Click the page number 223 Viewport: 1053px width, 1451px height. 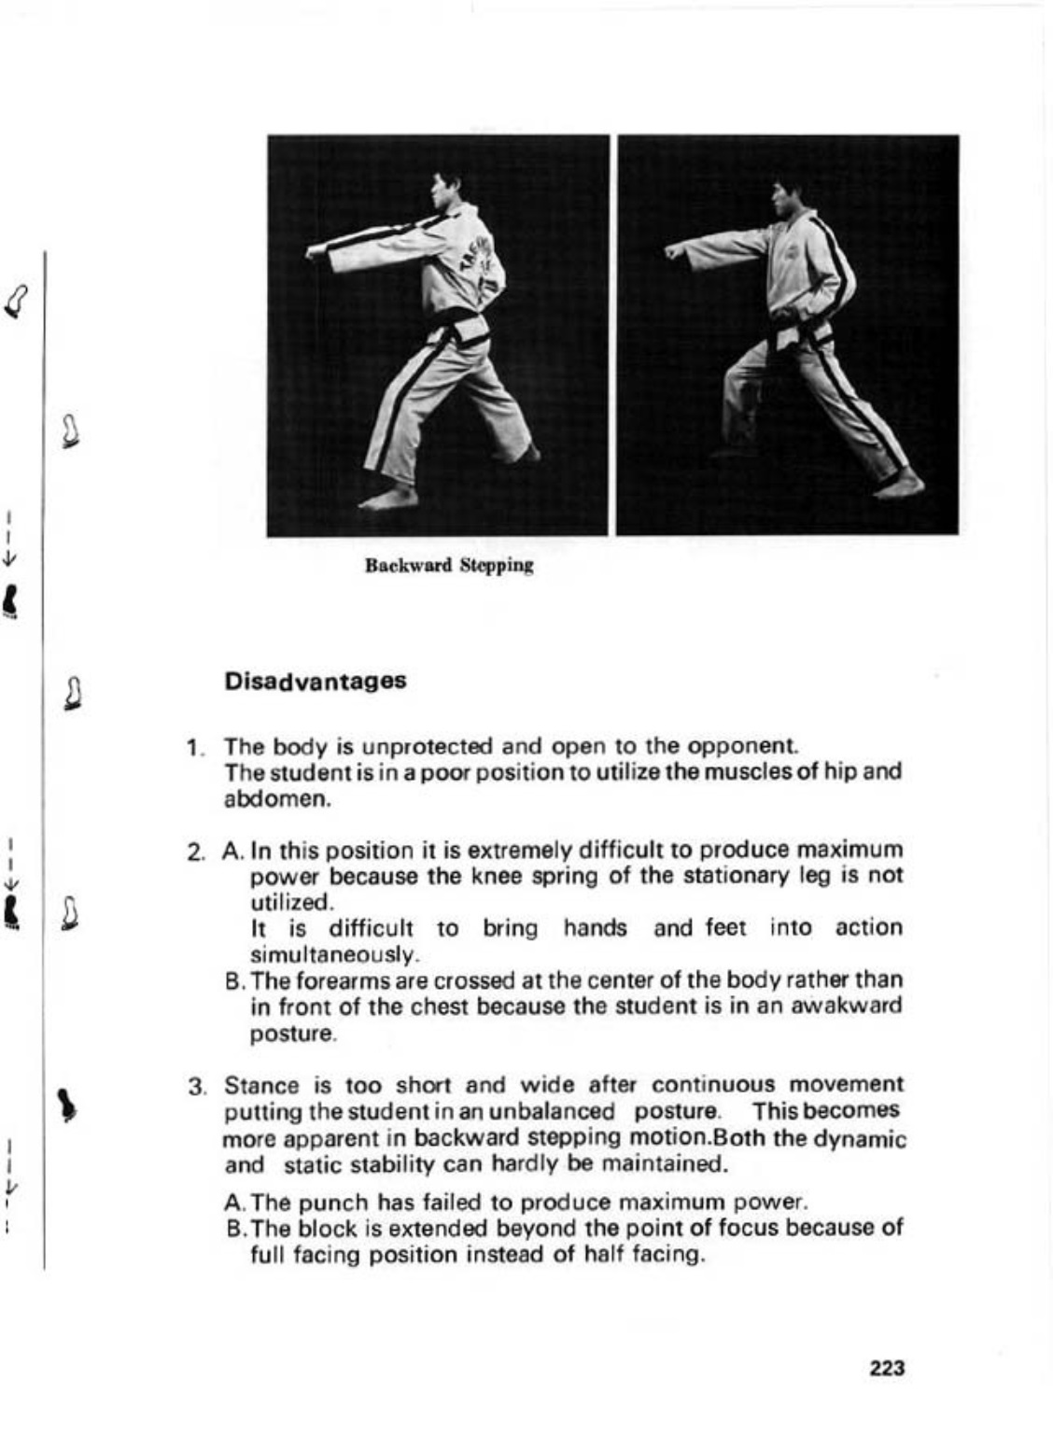point(887,1368)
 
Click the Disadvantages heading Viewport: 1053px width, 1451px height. point(316,681)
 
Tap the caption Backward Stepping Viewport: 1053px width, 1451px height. point(449,565)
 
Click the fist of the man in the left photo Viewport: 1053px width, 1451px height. point(315,251)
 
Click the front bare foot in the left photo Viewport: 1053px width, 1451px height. point(386,500)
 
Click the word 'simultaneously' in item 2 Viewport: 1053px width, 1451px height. point(334,955)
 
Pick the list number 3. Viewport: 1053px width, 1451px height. point(196,1087)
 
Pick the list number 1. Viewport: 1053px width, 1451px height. point(193,748)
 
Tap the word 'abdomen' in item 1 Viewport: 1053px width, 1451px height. point(276,800)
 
